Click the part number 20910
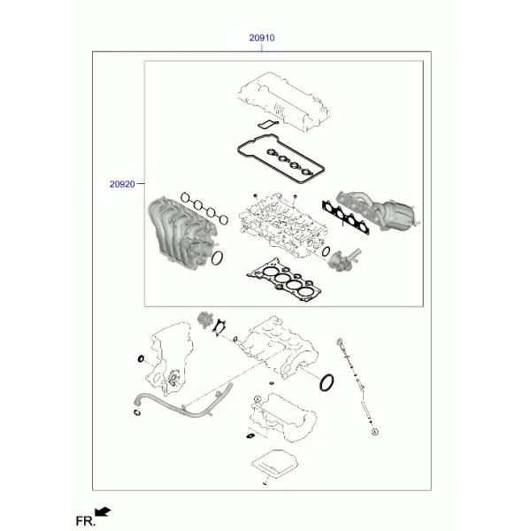[x=262, y=37]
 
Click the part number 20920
[x=122, y=184]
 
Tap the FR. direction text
[x=85, y=521]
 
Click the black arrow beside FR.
[x=103, y=512]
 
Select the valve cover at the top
[x=284, y=101]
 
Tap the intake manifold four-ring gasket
[x=204, y=208]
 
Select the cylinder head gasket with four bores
[x=284, y=280]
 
